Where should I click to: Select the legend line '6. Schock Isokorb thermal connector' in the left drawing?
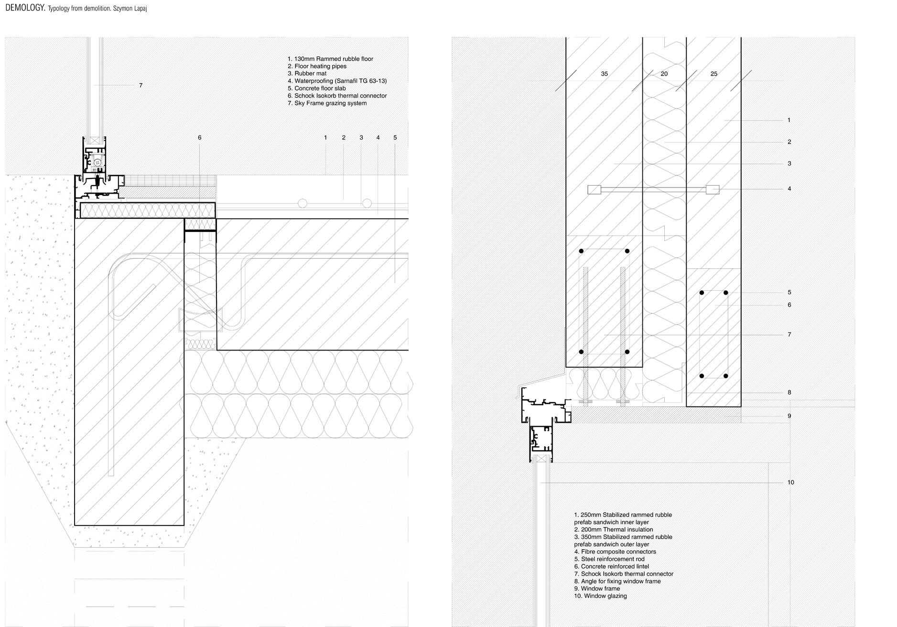point(337,96)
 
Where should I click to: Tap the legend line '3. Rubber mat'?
point(307,74)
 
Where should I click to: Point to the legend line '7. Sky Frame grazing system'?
point(327,103)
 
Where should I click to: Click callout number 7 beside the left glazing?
point(140,86)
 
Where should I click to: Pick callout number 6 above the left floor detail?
point(200,138)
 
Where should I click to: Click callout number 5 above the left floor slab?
point(395,138)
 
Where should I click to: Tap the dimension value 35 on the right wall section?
point(605,74)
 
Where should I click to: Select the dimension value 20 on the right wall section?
point(664,74)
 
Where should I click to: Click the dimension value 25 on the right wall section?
point(714,74)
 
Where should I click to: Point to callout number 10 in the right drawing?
point(791,482)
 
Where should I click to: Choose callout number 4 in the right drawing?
point(789,189)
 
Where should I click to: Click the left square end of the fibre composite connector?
point(594,190)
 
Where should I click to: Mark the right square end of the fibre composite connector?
point(713,190)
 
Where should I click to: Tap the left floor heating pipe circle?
point(303,203)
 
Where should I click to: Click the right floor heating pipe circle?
point(367,203)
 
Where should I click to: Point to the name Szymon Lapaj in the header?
point(130,9)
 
